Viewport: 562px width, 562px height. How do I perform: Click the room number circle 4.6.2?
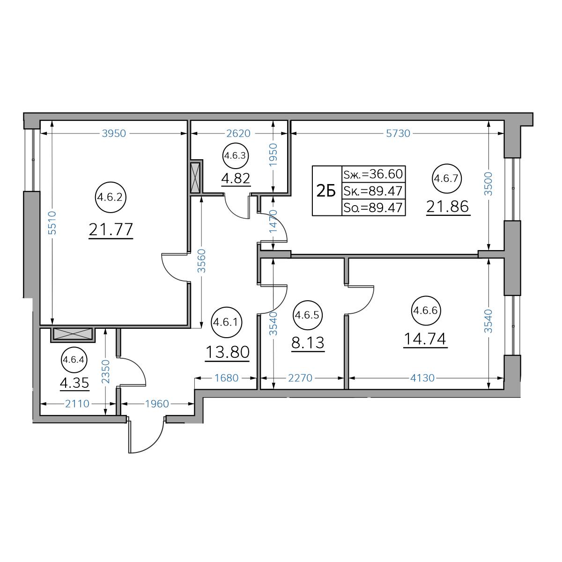[x=111, y=198]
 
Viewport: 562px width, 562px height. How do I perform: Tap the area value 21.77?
[x=111, y=229]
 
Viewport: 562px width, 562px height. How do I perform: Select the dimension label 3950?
[x=114, y=133]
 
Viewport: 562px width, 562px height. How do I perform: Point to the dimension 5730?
[x=398, y=133]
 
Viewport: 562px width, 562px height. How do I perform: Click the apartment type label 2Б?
[x=326, y=191]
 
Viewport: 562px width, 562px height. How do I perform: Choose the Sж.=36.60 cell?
[x=373, y=174]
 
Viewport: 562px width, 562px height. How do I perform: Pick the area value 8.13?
[x=308, y=342]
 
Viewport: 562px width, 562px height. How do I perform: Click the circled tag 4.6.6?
[x=426, y=311]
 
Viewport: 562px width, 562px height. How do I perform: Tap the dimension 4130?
[x=422, y=378]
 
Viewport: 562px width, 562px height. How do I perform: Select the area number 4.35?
[x=74, y=383]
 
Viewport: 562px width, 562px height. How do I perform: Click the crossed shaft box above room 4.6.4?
[x=73, y=334]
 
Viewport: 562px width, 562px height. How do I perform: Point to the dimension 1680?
[x=226, y=378]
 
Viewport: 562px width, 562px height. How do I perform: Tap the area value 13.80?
[x=228, y=352]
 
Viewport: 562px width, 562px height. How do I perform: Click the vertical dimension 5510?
[x=52, y=223]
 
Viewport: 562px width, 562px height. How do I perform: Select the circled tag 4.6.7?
[x=447, y=178]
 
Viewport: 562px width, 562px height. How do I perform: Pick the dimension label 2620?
[x=238, y=133]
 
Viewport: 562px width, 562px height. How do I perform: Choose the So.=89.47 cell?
[x=373, y=207]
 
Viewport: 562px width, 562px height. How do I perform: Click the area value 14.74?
[x=425, y=339]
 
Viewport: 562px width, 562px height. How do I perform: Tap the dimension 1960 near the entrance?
[x=157, y=404]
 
